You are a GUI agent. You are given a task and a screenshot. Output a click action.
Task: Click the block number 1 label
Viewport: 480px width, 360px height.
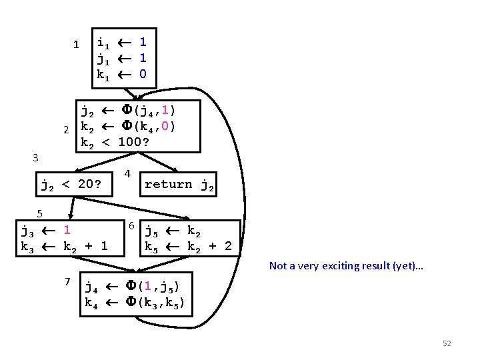(76, 45)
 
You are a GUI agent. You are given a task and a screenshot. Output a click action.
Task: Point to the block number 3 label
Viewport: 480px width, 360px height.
(36, 158)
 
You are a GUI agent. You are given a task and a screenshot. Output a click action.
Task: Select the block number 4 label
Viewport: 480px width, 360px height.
(127, 174)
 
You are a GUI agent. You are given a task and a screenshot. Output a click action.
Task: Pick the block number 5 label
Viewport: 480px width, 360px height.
(40, 213)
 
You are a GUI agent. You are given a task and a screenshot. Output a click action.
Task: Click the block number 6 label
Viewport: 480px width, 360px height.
(132, 226)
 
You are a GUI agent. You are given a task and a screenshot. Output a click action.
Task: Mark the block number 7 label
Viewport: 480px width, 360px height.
(67, 281)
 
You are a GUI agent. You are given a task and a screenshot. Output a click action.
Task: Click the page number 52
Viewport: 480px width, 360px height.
(447, 343)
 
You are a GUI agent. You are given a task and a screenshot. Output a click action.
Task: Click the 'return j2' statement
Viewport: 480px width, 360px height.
(179, 185)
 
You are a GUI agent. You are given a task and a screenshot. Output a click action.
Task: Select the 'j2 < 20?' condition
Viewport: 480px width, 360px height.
(71, 185)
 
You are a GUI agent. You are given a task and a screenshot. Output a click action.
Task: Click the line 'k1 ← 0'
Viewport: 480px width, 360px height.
(121, 74)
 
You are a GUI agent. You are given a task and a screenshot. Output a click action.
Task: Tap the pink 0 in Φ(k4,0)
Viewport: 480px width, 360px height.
(165, 125)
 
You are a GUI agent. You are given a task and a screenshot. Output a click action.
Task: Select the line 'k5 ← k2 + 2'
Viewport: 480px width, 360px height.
(189, 247)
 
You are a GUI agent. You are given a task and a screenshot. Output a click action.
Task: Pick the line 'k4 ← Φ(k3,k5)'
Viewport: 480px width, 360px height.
(135, 303)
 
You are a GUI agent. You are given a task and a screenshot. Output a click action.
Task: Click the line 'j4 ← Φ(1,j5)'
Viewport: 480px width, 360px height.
(131, 287)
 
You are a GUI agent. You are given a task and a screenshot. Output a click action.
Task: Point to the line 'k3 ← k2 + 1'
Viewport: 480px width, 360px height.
(64, 247)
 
